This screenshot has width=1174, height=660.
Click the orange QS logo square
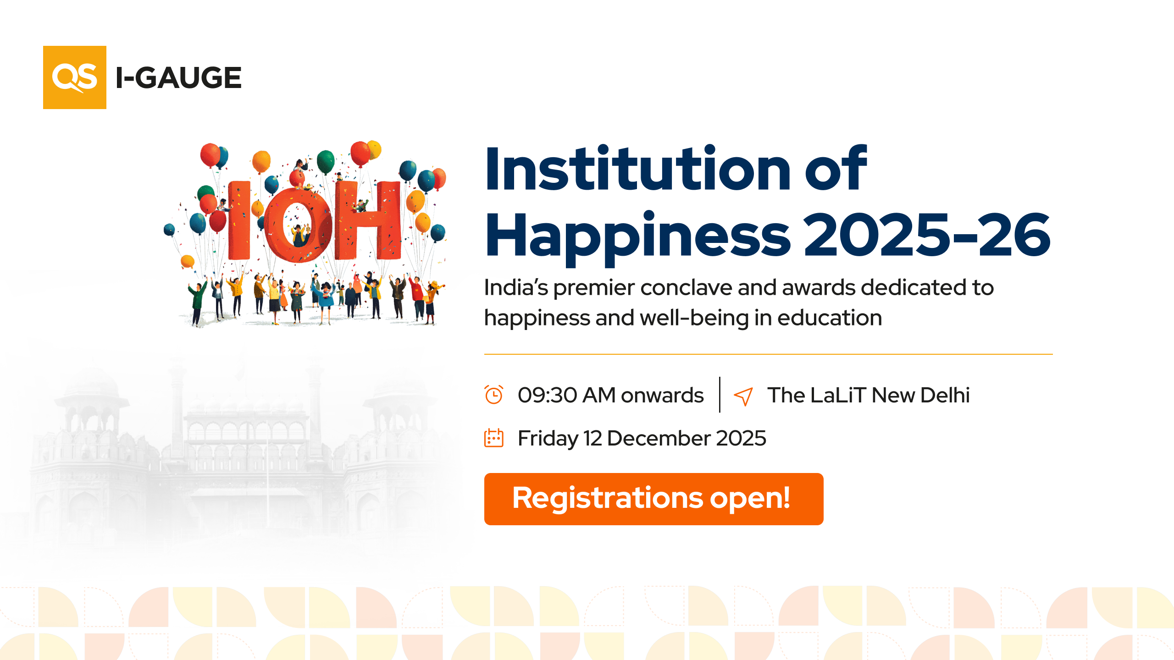75,77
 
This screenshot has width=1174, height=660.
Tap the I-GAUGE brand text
178,77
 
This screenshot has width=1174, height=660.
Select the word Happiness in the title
638,236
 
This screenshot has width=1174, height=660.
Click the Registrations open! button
653,499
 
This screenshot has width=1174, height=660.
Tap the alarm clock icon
494,395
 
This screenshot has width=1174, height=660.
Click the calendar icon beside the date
494,438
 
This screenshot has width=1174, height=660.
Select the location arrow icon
743,396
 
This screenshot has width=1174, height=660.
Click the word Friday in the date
548,438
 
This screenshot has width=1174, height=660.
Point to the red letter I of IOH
239,220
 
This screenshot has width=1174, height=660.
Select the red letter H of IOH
367,220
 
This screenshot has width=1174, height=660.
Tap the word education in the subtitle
830,318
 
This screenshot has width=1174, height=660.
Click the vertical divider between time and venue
720,395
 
